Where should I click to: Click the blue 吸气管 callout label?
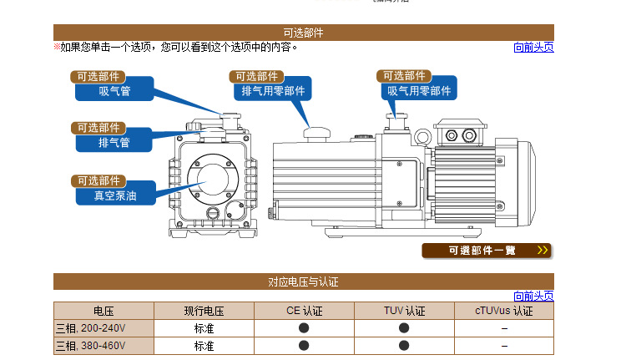[x=114, y=91]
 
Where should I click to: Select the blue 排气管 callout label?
[x=114, y=142]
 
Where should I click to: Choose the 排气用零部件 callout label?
[x=273, y=91]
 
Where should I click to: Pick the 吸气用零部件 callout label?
[x=418, y=91]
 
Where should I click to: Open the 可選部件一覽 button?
[x=487, y=250]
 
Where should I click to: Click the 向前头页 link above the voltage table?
[x=533, y=296]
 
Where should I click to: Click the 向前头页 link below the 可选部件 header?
[x=533, y=48]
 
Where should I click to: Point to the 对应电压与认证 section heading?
[x=303, y=281]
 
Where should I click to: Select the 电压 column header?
[x=104, y=311]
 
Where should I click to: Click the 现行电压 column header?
[x=204, y=311]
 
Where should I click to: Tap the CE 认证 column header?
[x=304, y=311]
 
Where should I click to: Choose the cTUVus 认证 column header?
[x=503, y=311]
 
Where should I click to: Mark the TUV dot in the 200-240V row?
[x=404, y=327]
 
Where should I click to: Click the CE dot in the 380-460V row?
[x=304, y=345]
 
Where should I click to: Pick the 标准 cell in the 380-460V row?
[x=204, y=345]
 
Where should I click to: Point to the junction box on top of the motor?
[x=457, y=136]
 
